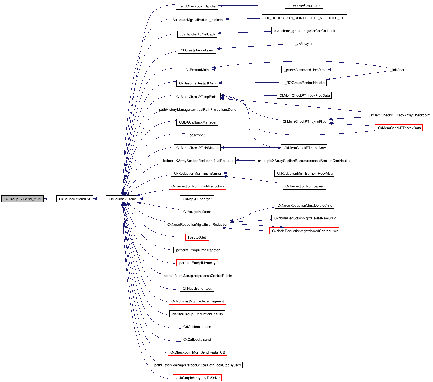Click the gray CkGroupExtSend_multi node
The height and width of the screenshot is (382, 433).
click(22, 199)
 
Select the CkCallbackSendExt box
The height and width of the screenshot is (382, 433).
click(74, 199)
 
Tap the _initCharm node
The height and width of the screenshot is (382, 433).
click(399, 70)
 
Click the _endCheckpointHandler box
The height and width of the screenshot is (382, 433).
click(197, 6)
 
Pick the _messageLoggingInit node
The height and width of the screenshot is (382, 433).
click(304, 5)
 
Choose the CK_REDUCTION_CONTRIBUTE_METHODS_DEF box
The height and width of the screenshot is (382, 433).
click(304, 18)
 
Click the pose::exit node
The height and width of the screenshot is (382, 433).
click(197, 135)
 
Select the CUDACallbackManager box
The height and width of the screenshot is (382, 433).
click(197, 122)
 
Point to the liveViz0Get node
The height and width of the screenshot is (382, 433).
click(197, 237)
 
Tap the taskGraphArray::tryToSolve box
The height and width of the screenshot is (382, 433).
click(197, 378)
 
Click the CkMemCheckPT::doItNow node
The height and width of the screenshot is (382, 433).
click(304, 148)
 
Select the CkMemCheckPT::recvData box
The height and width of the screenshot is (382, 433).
click(399, 128)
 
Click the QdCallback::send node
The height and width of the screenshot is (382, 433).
click(197, 327)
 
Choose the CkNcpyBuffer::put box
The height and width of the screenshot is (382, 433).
click(197, 288)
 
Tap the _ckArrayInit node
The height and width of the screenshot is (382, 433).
click(304, 43)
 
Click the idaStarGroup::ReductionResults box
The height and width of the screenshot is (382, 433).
click(197, 314)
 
